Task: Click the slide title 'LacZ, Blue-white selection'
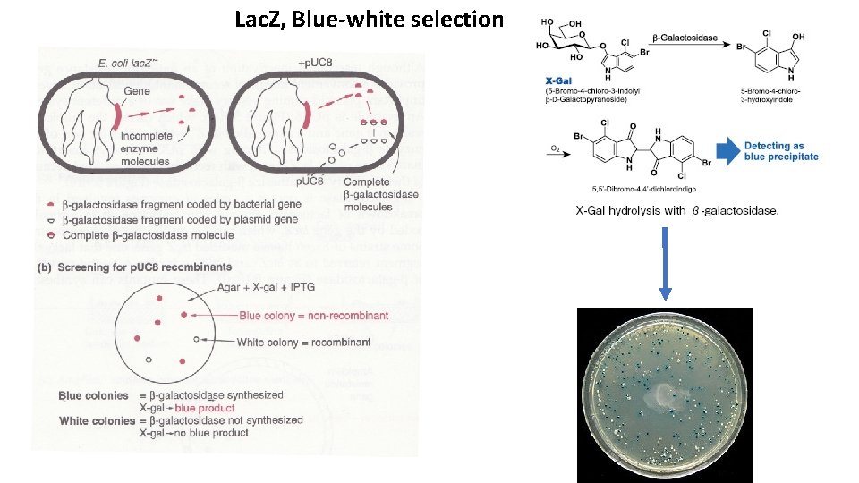369,18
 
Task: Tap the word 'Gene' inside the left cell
137,91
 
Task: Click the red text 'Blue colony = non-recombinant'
313,316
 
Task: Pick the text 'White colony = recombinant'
303,342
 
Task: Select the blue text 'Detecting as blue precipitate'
780,151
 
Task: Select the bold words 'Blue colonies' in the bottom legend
93,395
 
